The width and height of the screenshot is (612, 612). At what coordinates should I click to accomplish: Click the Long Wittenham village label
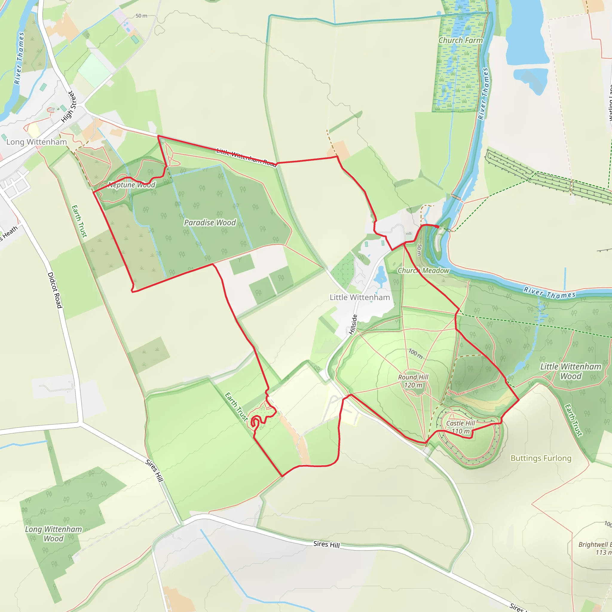coord(36,142)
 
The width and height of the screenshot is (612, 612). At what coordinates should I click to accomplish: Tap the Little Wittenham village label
coord(359,297)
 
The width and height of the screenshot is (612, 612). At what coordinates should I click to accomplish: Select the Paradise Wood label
coord(210,222)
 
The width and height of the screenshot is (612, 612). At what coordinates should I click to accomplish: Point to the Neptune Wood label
coord(131,185)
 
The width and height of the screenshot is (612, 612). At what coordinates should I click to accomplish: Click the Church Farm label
coord(460,40)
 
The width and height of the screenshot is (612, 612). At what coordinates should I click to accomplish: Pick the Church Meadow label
coord(423,270)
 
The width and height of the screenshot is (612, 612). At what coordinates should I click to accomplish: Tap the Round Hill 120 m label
coord(413,381)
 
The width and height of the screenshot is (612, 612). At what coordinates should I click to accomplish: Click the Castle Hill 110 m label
coord(460,427)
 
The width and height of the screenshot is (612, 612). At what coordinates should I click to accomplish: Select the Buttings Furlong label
coord(541,458)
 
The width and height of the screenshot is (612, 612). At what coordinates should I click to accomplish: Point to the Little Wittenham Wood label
coord(570,371)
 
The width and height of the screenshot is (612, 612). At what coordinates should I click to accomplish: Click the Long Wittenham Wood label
coord(53,534)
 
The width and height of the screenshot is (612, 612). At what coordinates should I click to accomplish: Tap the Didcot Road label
coord(54,290)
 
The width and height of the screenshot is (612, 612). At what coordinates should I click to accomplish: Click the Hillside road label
coord(353,324)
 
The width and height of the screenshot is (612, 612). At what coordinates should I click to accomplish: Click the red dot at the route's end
coord(437,227)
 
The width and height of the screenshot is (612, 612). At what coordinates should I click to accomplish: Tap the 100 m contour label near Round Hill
coord(415,354)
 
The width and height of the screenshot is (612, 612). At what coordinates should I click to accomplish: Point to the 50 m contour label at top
coord(141,16)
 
